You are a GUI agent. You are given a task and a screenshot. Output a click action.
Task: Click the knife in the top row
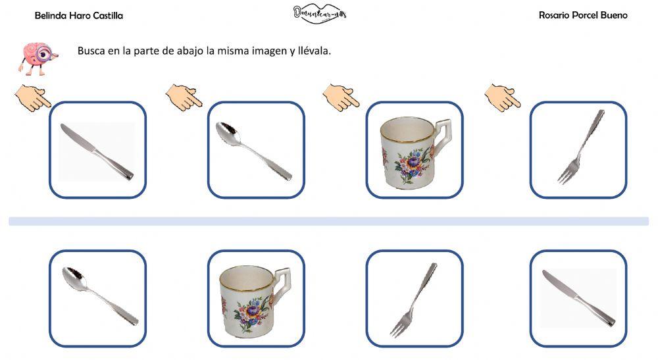(97, 151)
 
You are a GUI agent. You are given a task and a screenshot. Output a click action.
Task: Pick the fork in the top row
(579, 147)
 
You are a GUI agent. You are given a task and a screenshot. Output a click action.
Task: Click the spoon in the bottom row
(99, 296)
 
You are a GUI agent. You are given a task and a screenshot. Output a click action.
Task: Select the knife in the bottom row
(578, 298)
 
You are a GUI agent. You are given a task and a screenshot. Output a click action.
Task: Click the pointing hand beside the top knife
(32, 98)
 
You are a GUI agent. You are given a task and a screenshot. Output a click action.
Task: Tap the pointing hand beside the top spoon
(184, 97)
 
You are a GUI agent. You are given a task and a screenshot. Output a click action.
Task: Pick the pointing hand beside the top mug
(341, 97)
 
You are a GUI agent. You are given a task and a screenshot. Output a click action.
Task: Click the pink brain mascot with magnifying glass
(36, 57)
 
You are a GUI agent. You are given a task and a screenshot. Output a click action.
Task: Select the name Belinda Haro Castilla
(78, 15)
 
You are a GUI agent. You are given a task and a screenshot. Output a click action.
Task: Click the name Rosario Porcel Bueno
(583, 15)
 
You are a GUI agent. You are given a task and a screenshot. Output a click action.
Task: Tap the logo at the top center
(320, 13)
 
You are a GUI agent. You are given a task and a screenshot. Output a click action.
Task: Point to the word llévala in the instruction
(313, 51)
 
